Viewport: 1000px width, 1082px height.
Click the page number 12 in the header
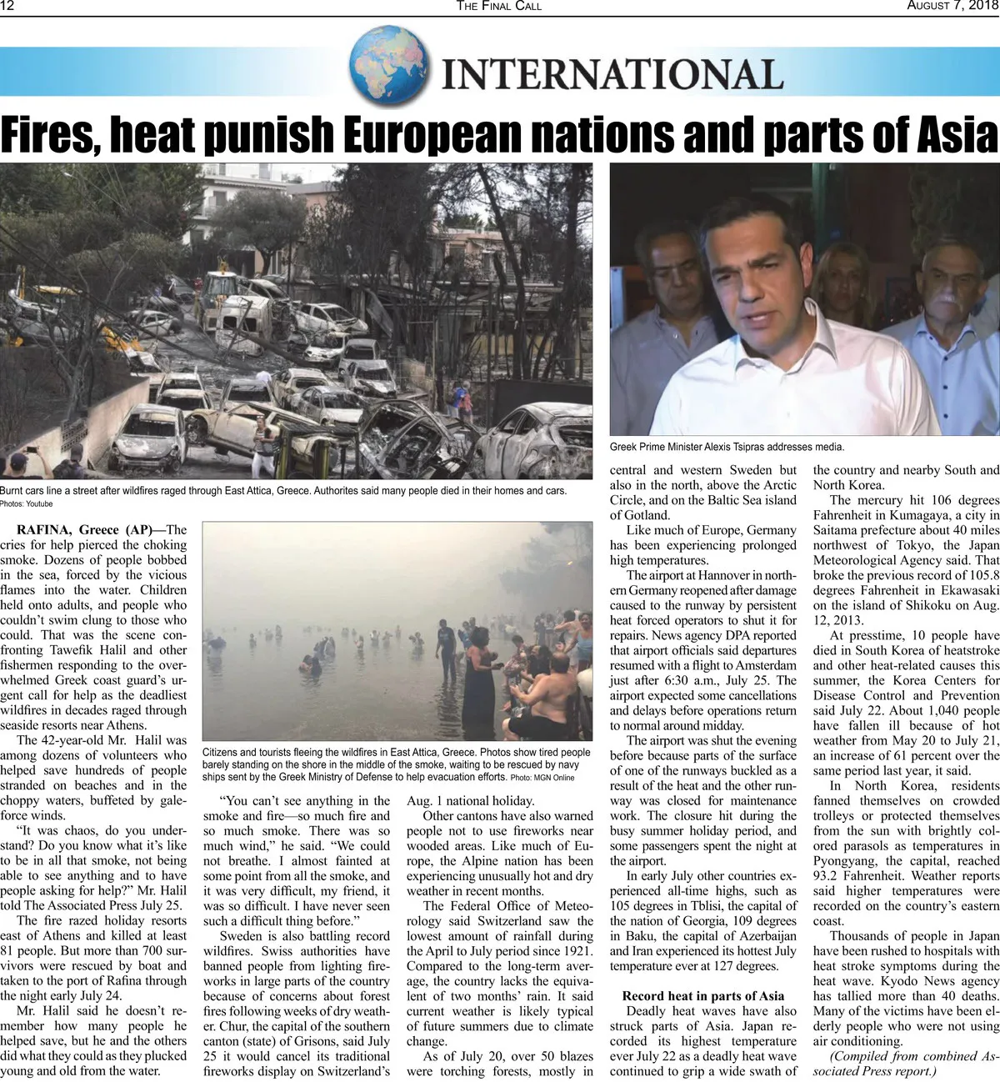coord(7,6)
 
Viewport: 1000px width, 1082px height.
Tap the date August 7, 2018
coord(952,6)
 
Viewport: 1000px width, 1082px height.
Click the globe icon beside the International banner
coord(388,64)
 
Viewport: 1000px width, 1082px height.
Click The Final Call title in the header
coord(498,6)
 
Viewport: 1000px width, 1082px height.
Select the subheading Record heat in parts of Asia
coord(702,995)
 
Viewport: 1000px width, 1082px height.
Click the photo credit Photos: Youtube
coord(26,503)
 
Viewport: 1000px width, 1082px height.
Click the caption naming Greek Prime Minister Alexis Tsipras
coord(727,447)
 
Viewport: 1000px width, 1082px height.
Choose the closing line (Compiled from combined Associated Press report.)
coord(905,1063)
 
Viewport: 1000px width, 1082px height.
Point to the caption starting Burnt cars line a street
coord(283,490)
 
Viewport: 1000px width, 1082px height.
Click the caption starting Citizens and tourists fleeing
coord(396,764)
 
